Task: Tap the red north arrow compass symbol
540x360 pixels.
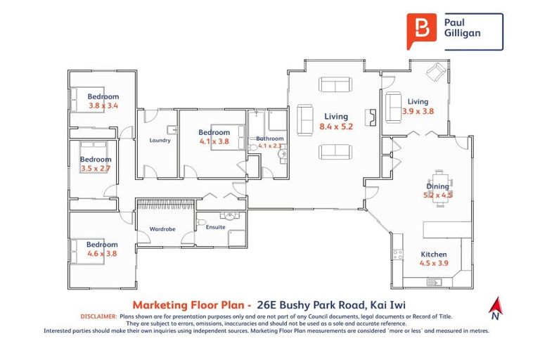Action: coord(497,307)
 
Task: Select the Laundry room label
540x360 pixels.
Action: coord(160,140)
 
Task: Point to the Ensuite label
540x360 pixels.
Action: coord(216,227)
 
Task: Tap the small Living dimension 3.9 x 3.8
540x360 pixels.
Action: coord(418,111)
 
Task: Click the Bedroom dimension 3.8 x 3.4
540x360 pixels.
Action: coord(103,105)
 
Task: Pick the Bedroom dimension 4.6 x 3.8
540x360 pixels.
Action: coord(103,253)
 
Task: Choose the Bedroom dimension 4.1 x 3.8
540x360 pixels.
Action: coord(214,141)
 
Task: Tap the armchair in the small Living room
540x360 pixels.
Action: coord(437,72)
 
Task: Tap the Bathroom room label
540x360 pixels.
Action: coord(270,139)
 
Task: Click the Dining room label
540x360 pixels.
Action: coord(437,186)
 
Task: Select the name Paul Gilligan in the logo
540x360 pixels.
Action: coord(461,30)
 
